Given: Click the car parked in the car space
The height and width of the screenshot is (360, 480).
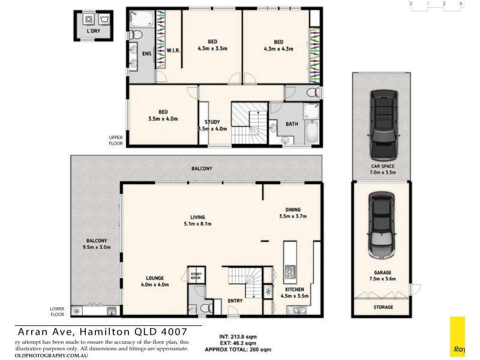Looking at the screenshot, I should click(x=382, y=123).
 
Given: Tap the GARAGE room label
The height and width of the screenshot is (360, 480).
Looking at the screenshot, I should click(x=382, y=272).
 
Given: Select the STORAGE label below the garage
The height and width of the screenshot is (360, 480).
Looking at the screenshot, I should click(x=383, y=307).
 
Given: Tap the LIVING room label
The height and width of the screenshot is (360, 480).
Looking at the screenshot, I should click(x=197, y=217).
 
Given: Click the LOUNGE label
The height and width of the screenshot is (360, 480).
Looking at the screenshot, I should click(x=155, y=278).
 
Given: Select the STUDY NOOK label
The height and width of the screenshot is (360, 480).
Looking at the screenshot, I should click(x=196, y=275).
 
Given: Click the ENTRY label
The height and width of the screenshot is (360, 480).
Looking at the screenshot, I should click(x=235, y=301).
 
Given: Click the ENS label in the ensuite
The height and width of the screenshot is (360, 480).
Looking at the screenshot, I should click(x=146, y=53).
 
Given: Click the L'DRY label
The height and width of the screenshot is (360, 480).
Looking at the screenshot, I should click(x=94, y=31).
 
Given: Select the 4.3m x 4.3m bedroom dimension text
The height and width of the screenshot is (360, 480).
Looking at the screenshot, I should click(x=278, y=49).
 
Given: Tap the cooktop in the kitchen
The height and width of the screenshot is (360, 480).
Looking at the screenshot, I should click(x=290, y=272).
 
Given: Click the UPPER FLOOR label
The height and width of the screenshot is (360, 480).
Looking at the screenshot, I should click(x=116, y=141).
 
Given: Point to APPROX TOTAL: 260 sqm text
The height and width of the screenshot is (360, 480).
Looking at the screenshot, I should click(x=238, y=349).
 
